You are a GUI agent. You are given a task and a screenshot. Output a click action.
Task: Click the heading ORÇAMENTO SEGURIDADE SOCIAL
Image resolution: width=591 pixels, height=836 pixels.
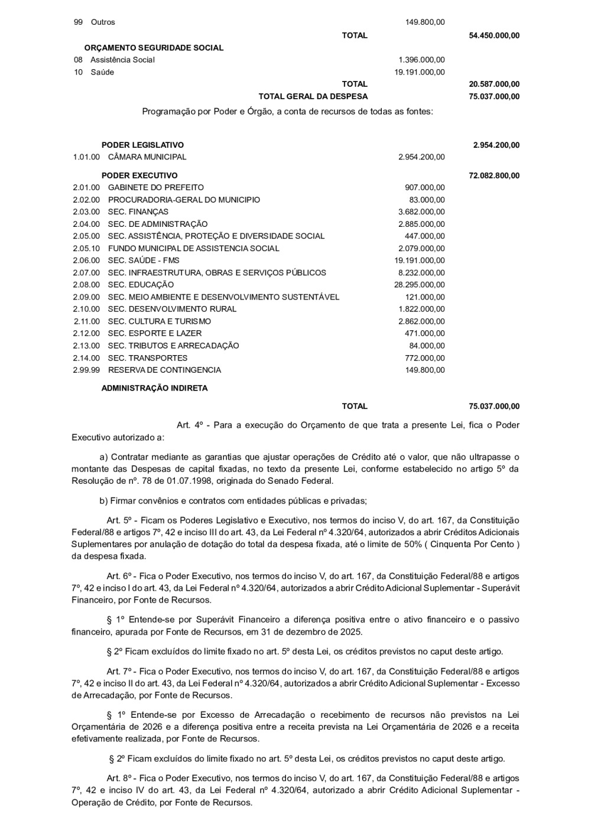[154, 48]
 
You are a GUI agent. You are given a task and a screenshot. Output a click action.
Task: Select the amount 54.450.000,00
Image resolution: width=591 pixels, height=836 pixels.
[494, 35]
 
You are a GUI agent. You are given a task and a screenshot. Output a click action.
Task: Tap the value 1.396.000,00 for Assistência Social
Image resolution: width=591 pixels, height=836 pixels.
[421, 60]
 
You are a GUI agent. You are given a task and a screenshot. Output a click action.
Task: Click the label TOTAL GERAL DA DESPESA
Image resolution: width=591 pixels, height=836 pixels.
[313, 96]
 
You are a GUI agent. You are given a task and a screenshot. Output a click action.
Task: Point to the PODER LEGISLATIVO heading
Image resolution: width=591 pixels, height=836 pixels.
[142, 145]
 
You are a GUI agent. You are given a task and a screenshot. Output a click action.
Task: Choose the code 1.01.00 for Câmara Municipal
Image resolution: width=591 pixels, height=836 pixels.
[86, 157]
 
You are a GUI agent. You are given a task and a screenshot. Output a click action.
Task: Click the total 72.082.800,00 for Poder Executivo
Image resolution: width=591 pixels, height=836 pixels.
[494, 175]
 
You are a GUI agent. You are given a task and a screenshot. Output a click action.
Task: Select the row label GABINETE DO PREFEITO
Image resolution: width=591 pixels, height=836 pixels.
[155, 187]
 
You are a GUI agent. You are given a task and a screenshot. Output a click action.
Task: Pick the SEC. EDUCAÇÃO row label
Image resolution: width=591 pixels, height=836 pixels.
[141, 285]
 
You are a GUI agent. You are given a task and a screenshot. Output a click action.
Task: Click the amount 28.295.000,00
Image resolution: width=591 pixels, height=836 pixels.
[420, 285]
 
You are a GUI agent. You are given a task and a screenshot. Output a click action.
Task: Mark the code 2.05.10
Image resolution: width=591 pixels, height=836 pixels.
[86, 249]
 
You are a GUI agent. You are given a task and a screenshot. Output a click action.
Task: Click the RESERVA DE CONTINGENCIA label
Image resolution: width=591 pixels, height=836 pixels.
[164, 370]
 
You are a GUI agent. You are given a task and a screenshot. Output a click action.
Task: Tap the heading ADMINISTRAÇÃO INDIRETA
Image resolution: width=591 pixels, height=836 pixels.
[154, 388]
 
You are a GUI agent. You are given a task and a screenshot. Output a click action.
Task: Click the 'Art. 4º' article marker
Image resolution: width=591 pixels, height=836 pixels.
[190, 425]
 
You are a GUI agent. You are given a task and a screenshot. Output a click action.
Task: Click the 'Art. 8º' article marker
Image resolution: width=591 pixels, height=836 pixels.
[120, 778]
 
